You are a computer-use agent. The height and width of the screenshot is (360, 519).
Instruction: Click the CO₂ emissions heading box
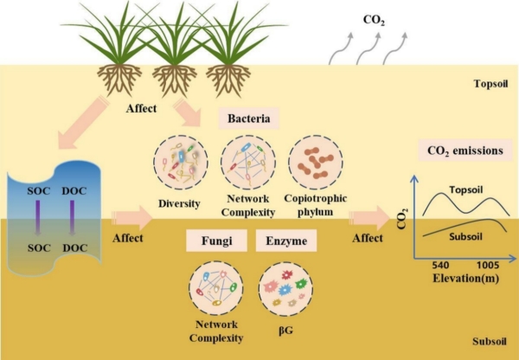click(464, 151)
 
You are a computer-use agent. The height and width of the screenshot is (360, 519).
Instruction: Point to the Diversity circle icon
click(178, 162)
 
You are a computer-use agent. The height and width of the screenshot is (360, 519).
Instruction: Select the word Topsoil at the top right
click(495, 84)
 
